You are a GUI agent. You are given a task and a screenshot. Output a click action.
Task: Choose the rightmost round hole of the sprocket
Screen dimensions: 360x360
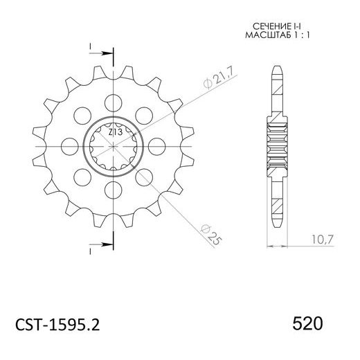(x=158, y=145)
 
